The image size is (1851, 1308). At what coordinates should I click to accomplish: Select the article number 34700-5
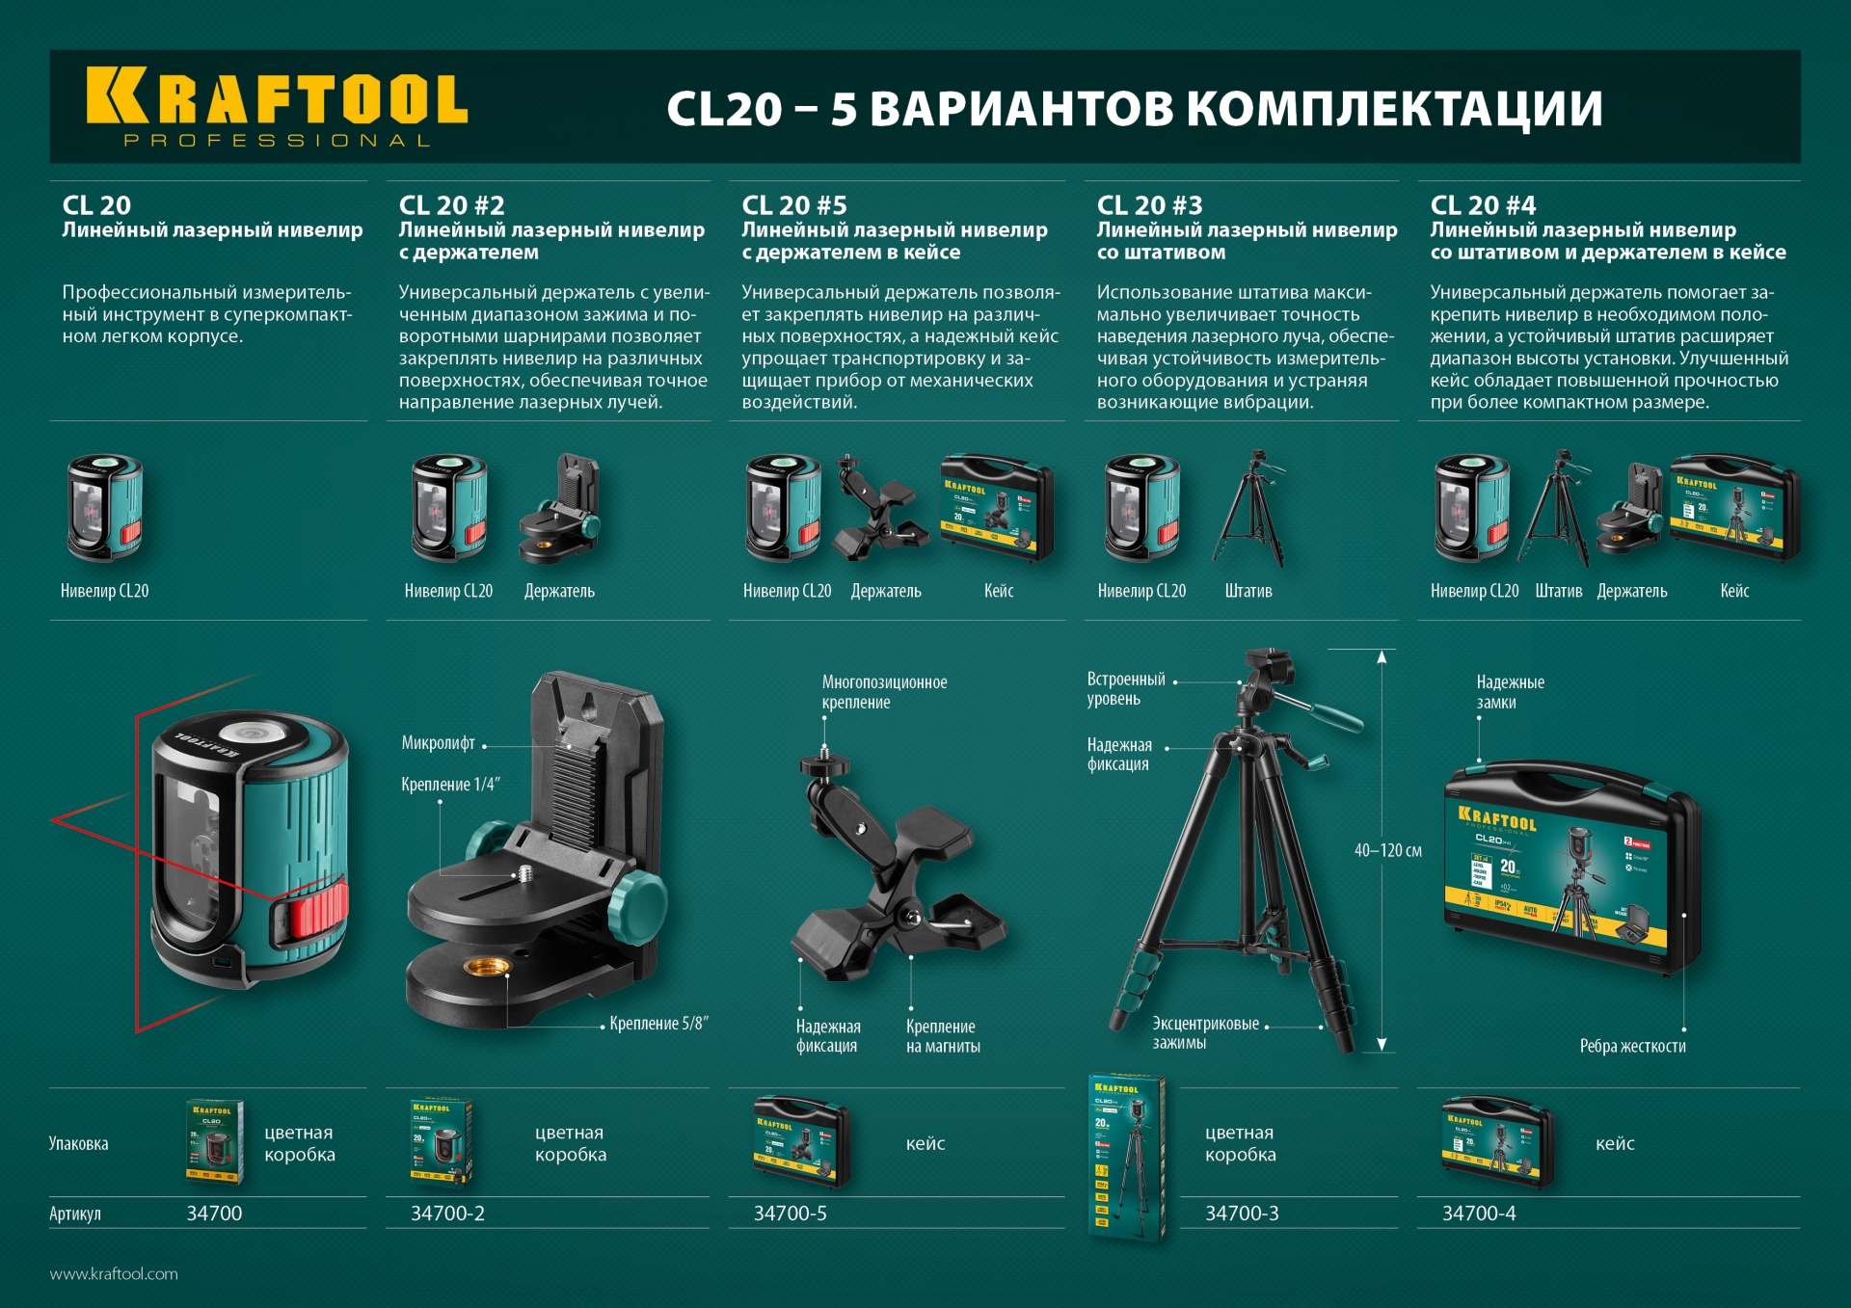tap(790, 1214)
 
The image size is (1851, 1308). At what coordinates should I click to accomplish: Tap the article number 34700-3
tap(1242, 1214)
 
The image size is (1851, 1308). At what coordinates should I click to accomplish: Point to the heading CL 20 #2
tap(451, 205)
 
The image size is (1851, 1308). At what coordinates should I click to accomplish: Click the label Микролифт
tap(439, 743)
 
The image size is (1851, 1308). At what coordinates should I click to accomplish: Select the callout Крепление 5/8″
tap(658, 1024)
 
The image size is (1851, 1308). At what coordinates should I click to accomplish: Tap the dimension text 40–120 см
tap(1387, 850)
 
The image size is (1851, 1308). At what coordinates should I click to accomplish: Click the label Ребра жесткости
tap(1632, 1046)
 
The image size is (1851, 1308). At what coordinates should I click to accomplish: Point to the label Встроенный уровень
tap(1125, 689)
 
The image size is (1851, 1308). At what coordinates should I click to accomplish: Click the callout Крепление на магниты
tap(943, 1036)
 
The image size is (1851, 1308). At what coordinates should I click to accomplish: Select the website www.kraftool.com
tap(114, 1273)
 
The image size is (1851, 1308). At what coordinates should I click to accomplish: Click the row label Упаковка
tap(78, 1144)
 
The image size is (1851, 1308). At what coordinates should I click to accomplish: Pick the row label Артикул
tap(75, 1214)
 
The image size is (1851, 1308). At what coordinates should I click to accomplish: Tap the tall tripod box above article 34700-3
tap(1127, 1157)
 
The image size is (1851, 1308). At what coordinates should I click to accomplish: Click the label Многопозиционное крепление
tap(884, 692)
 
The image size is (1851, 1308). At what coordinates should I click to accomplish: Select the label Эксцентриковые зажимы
tap(1205, 1032)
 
